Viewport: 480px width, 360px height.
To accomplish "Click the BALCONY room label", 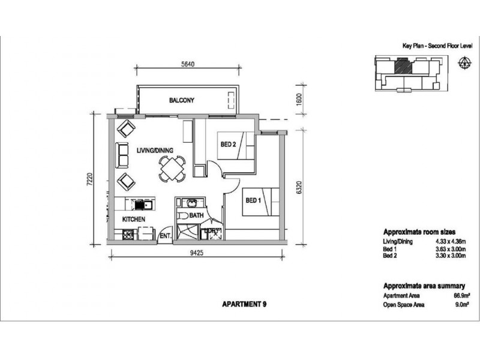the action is pos(182,100).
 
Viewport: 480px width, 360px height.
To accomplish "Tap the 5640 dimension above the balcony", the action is pos(188,64).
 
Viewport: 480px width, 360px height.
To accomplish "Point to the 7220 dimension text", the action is pos(89,179).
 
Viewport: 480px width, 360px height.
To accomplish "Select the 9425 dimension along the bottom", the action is pos(197,253).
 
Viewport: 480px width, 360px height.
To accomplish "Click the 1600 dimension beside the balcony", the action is pos(299,99).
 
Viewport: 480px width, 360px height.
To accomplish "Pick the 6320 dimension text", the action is pos(299,187).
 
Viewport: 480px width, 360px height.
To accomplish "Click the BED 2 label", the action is pos(229,144).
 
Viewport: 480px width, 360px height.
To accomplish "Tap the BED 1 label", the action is pos(253,200).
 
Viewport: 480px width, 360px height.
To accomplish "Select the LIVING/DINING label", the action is pos(155,151).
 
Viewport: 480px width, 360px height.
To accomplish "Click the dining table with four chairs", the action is pos(172,169).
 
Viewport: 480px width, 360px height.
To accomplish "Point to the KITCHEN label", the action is pos(134,219).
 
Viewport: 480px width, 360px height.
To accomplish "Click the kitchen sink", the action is pos(143,205).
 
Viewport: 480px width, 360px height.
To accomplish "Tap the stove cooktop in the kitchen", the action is pos(128,235).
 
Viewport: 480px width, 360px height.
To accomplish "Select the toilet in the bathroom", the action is pos(183,216).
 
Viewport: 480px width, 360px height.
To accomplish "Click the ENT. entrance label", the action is pos(166,236).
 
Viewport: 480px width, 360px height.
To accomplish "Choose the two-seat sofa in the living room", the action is pos(122,155).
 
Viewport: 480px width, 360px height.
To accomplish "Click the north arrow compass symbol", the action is pos(464,62).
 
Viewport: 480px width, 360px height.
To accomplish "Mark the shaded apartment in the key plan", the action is pos(402,67).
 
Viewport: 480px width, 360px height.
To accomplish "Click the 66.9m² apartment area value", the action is pos(461,296).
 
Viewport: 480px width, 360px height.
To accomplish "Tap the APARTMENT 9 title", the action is pos(244,304).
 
